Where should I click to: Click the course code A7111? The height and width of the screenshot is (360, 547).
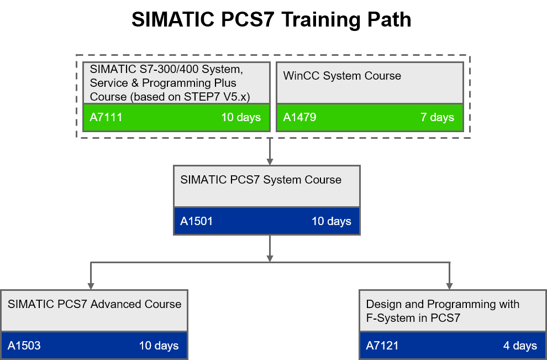coord(106,117)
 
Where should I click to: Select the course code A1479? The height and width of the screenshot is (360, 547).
coord(299,117)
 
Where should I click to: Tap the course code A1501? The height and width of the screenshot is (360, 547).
coord(196,221)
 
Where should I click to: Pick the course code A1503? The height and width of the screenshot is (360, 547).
coord(24,346)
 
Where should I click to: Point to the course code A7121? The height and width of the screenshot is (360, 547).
coord(382,346)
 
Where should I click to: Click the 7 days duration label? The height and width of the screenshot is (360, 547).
coord(438,117)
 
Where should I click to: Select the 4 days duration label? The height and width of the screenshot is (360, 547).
coord(520,346)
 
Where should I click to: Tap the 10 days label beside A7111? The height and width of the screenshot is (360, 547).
coord(241,117)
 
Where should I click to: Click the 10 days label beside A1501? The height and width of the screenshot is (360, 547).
coord(331,221)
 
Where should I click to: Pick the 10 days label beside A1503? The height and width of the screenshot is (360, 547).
coord(159,346)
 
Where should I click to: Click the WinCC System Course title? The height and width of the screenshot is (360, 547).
coord(342,76)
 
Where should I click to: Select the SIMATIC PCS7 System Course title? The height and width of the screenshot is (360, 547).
coord(261,180)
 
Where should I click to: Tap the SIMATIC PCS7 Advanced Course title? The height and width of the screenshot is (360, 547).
coord(94,304)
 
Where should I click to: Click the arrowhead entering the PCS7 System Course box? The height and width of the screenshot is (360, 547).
coord(270,161)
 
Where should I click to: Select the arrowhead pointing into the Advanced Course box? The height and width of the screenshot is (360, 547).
coord(91,286)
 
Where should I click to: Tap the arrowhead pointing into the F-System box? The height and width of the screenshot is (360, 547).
coord(449,286)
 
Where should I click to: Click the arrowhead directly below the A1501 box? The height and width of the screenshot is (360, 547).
coord(270,258)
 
